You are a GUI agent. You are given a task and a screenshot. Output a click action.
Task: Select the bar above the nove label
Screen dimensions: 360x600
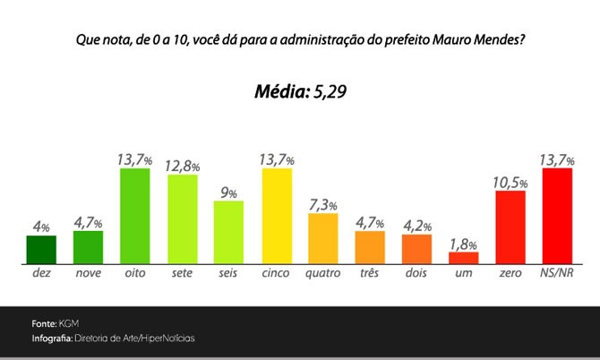[88, 247]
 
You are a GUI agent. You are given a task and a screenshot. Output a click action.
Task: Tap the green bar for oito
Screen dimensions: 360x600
[134, 215]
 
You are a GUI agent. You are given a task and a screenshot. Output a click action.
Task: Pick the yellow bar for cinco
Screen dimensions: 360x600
[277, 215]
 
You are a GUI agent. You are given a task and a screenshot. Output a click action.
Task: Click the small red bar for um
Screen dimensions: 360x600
[463, 257]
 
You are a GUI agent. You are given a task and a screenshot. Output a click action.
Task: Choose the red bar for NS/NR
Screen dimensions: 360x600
[557, 215]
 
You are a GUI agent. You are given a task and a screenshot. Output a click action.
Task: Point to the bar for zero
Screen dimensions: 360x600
[510, 227]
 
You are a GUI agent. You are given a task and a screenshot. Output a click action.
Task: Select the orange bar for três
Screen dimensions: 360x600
[370, 246]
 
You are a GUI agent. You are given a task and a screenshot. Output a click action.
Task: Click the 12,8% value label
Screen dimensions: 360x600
[183, 166]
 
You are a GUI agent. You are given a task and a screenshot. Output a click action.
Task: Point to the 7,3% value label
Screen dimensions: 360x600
[323, 204]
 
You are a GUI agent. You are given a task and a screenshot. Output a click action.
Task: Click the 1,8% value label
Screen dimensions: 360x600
[463, 244]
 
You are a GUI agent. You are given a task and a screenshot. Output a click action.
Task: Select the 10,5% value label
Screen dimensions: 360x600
[510, 182]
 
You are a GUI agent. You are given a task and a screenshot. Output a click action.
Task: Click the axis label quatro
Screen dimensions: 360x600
[323, 272]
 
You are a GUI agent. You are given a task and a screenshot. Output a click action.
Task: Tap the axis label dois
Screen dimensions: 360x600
[416, 272]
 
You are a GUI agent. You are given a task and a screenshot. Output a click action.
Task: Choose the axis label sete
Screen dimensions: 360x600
[183, 272]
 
